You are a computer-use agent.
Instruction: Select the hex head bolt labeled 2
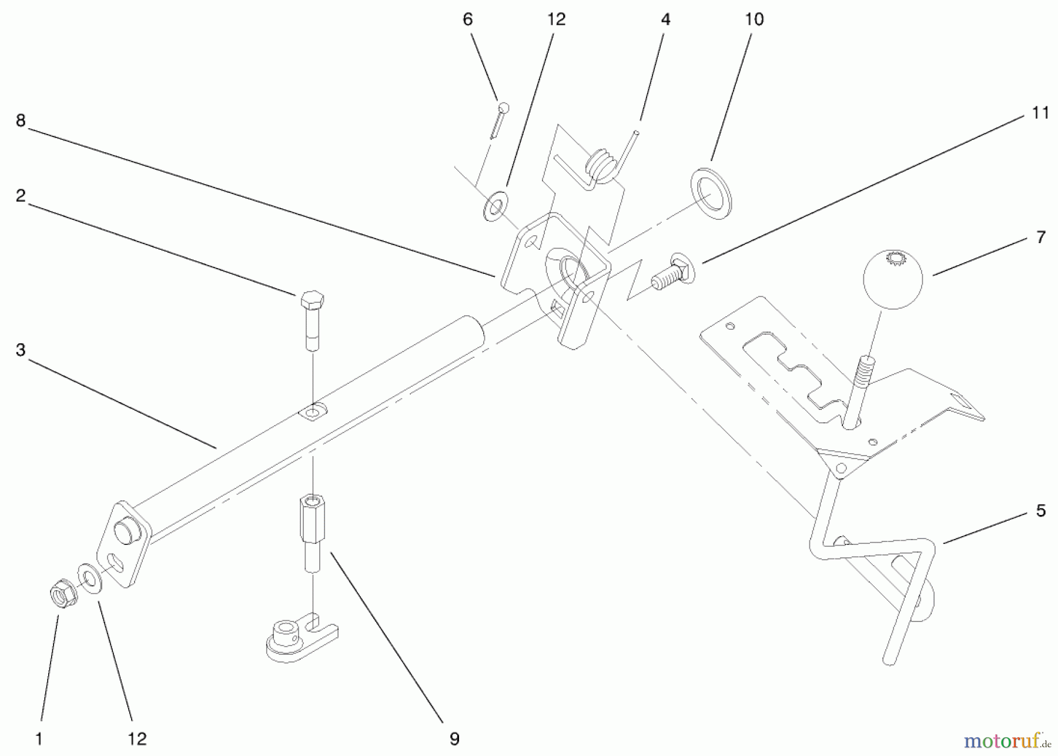(312, 320)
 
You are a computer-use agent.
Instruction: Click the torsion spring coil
(603, 165)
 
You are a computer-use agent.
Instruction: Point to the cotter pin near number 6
(499, 120)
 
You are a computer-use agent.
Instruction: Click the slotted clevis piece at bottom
(300, 638)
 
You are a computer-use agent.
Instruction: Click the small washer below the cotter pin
(495, 205)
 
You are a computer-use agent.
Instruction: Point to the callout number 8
(21, 121)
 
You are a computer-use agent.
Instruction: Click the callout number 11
(1040, 113)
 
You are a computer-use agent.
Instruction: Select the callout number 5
(1040, 510)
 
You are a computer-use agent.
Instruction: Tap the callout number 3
(21, 350)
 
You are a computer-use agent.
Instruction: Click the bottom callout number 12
(137, 738)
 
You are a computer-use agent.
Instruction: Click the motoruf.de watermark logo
(1008, 741)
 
